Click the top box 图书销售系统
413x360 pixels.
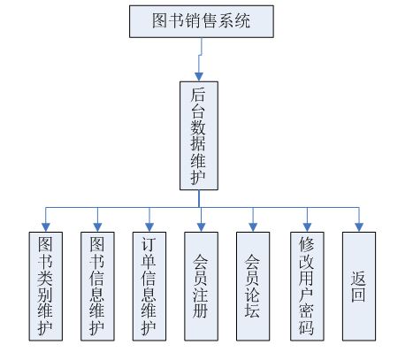[x=202, y=21]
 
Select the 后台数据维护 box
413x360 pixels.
[x=199, y=135]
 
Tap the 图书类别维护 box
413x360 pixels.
[x=46, y=287]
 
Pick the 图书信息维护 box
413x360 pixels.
[x=97, y=287]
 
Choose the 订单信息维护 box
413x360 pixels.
[x=149, y=287]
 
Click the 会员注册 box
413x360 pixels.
[x=201, y=287]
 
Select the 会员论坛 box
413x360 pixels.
[x=253, y=287]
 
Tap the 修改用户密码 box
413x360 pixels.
[x=307, y=287]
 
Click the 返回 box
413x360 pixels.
[x=359, y=287]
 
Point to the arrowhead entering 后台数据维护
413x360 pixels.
[x=199, y=77]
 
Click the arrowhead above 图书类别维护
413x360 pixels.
[x=46, y=227]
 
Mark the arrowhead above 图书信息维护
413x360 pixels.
[x=97, y=227]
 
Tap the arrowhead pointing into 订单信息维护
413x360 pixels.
[x=149, y=227]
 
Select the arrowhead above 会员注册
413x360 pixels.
[x=201, y=227]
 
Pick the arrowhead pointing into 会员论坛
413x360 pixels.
[x=253, y=227]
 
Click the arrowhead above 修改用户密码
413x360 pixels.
[x=307, y=227]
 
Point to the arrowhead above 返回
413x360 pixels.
[x=359, y=227]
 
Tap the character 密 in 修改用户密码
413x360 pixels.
[x=307, y=310]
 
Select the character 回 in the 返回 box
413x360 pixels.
[x=358, y=295]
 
